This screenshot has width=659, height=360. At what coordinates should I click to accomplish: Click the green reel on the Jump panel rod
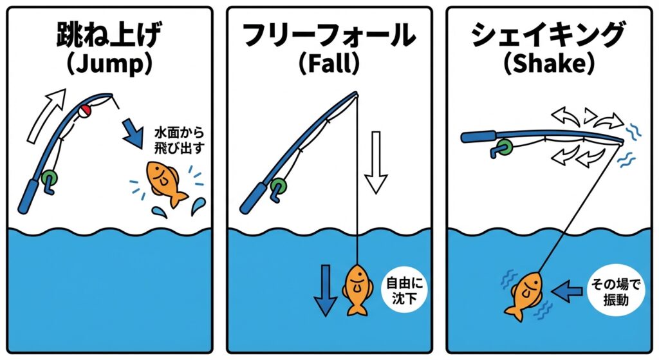click(48, 178)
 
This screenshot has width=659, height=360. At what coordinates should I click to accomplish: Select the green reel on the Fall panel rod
click(277, 187)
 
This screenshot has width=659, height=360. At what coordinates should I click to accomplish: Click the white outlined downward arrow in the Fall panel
click(376, 160)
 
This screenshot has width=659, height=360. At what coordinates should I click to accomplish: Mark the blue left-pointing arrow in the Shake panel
click(567, 290)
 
